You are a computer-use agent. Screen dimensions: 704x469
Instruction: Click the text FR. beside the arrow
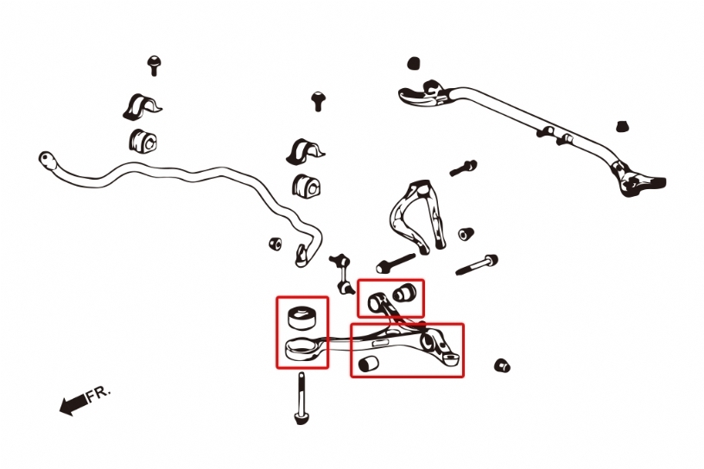click(x=98, y=394)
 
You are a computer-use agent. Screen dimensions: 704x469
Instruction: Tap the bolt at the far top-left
click(x=154, y=66)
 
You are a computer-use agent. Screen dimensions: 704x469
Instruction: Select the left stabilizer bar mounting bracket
click(x=142, y=108)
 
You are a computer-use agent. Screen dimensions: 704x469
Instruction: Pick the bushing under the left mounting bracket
click(x=143, y=140)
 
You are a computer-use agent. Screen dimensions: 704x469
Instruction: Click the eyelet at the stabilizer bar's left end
click(x=47, y=159)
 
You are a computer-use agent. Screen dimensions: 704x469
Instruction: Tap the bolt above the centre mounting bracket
click(x=319, y=101)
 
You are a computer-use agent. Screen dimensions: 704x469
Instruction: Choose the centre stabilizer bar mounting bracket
click(x=305, y=152)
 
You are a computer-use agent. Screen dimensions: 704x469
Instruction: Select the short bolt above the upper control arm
click(x=463, y=168)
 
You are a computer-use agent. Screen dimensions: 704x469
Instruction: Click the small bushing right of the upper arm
click(x=466, y=234)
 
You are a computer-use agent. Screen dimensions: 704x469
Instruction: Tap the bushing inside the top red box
click(x=404, y=292)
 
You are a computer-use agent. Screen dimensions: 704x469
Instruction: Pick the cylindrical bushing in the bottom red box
click(x=369, y=364)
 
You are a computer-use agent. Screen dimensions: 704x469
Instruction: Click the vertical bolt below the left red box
click(x=301, y=398)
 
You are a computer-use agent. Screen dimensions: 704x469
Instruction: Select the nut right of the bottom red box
click(x=502, y=365)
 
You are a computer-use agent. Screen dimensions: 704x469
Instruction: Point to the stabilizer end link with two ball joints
click(x=343, y=274)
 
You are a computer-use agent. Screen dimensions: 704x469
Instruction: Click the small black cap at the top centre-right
click(x=414, y=63)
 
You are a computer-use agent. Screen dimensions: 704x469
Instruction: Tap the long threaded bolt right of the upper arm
click(x=477, y=265)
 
